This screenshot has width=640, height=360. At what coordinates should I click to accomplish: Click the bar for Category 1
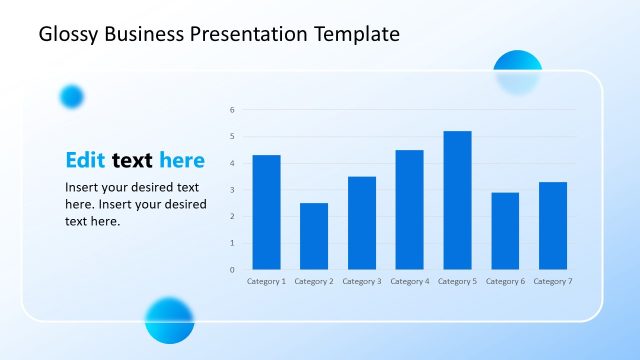pyautogui.click(x=266, y=212)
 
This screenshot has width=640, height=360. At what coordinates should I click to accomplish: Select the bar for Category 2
pyautogui.click(x=314, y=236)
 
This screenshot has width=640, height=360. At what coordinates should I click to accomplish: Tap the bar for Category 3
pyautogui.click(x=362, y=223)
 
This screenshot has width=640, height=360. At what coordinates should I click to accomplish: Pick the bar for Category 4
pyautogui.click(x=409, y=209)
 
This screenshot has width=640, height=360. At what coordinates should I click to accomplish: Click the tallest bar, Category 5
pyautogui.click(x=457, y=200)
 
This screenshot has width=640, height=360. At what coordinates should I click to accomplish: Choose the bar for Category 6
pyautogui.click(x=505, y=231)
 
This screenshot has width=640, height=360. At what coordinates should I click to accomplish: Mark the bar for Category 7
pyautogui.click(x=553, y=225)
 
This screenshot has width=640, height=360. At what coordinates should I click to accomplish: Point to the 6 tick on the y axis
pyautogui.click(x=231, y=110)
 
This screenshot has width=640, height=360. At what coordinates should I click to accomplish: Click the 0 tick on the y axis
pyautogui.click(x=231, y=270)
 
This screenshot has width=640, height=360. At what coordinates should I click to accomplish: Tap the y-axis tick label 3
pyautogui.click(x=231, y=190)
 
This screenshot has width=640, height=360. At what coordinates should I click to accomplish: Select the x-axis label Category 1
pyautogui.click(x=266, y=282)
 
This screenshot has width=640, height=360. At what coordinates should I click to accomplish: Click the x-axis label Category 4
pyautogui.click(x=409, y=282)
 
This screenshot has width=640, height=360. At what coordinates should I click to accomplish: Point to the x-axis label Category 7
pyautogui.click(x=553, y=282)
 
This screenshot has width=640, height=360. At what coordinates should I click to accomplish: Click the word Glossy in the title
pyautogui.click(x=69, y=35)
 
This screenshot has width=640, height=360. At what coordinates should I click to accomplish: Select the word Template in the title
pyautogui.click(x=356, y=35)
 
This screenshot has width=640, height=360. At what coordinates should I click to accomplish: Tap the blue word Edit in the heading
pyautogui.click(x=86, y=160)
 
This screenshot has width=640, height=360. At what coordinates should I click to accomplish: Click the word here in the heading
pyautogui.click(x=182, y=160)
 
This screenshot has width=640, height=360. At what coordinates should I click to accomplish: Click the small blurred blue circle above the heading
pyautogui.click(x=72, y=96)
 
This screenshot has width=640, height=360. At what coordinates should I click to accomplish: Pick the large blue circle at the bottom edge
pyautogui.click(x=169, y=320)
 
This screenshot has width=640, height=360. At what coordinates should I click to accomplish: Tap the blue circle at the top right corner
pyautogui.click(x=517, y=72)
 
